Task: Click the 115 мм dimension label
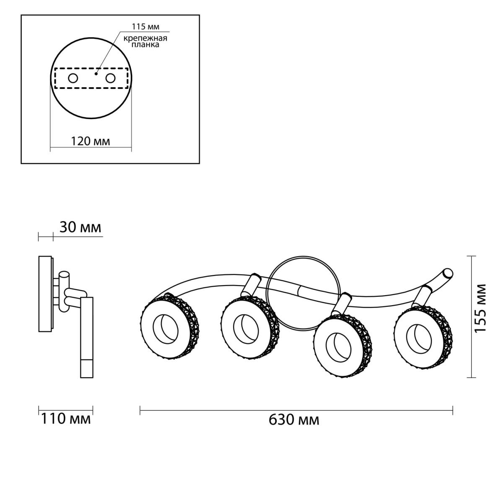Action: [145, 27]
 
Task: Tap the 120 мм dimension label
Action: [91, 142]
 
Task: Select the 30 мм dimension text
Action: [80, 227]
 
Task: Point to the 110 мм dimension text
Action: [66, 419]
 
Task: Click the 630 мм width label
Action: [294, 420]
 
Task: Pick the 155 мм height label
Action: [480, 308]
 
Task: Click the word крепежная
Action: [145, 39]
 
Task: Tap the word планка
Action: [145, 44]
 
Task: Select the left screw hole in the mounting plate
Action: [73, 78]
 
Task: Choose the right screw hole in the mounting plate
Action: [110, 78]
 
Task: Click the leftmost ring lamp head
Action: [170, 327]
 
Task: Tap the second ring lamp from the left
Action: [250, 327]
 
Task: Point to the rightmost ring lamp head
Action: [423, 336]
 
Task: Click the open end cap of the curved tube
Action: [448, 273]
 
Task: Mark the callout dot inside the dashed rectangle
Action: [96, 74]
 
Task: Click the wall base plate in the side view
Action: [45, 294]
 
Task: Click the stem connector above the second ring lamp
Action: [251, 285]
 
